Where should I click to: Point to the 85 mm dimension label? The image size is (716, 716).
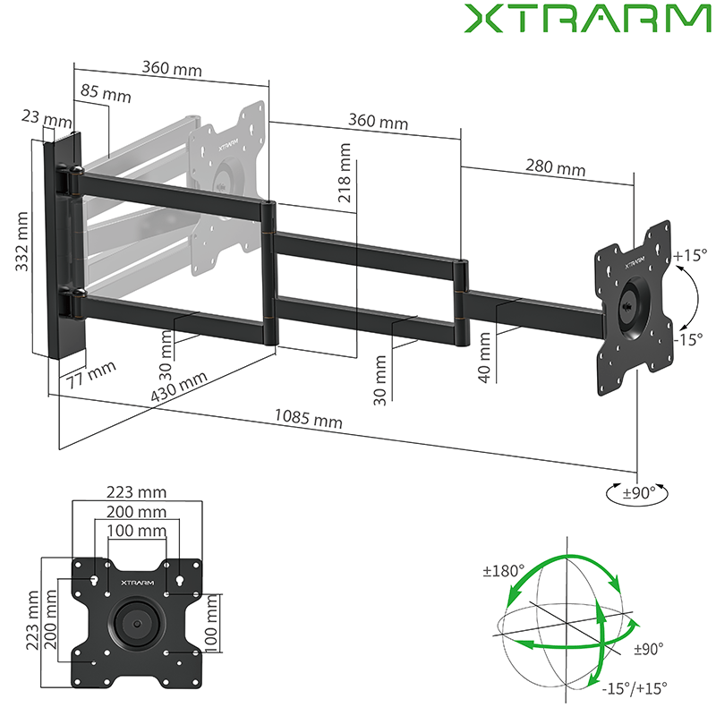pyautogui.click(x=104, y=93)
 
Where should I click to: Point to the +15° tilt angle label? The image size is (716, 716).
pyautogui.click(x=690, y=255)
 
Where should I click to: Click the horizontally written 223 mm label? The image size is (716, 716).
pyautogui.click(x=137, y=492)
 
